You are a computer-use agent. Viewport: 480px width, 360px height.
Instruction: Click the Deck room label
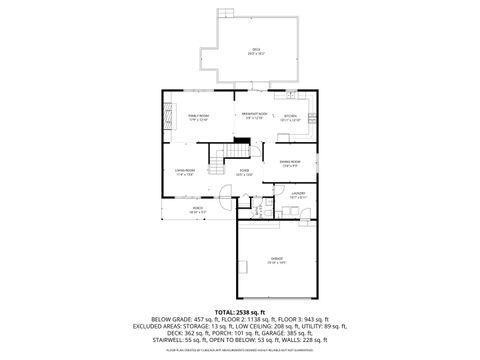click(255, 52)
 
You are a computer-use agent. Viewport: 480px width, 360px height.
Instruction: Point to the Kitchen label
click(290, 116)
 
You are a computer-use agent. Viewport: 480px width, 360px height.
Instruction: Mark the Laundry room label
click(298, 197)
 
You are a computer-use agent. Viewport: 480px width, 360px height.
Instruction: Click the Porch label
click(197, 211)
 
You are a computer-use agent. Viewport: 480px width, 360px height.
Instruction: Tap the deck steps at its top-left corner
click(227, 14)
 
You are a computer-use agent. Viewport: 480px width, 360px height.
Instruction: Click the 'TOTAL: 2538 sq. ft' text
click(240, 310)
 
